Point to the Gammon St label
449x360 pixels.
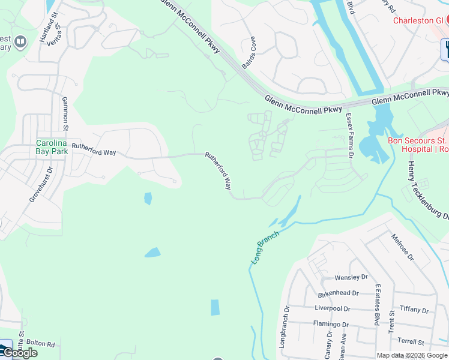click(65, 110)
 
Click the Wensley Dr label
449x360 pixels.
click(351, 278)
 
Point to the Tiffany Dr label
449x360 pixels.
click(414, 310)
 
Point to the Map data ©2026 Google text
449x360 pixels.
click(411, 355)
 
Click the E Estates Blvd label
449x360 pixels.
click(377, 305)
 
